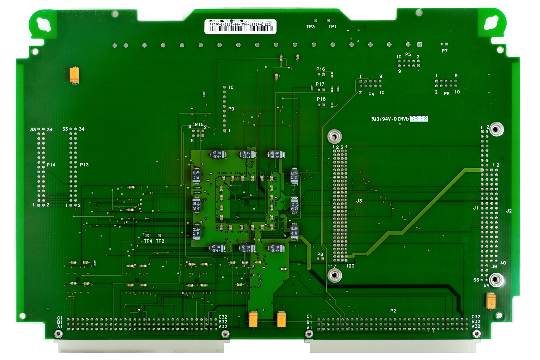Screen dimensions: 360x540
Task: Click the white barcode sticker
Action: tap(240, 26)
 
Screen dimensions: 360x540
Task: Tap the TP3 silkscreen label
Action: tap(310, 27)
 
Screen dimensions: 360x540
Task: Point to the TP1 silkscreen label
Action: tap(332, 27)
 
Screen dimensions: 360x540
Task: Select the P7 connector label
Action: tap(445, 51)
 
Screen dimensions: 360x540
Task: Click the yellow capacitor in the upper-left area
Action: tap(75, 75)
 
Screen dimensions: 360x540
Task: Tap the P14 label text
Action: tap(51, 165)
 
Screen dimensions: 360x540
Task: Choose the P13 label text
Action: tap(84, 165)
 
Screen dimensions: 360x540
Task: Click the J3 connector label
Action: tap(359, 201)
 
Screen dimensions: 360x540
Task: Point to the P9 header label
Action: tap(231, 109)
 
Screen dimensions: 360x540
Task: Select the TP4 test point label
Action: tap(148, 241)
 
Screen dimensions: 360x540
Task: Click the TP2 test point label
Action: tap(160, 241)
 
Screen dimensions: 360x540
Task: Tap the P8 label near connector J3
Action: tap(320, 254)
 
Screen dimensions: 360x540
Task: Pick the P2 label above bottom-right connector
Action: tap(393, 311)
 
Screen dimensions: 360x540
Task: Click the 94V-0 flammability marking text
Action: tap(390, 119)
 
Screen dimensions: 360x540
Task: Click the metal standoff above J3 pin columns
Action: tap(335, 136)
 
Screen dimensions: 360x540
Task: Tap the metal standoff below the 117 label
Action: tap(335, 275)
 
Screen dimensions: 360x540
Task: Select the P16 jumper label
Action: tap(320, 69)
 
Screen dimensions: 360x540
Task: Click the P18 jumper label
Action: tap(321, 99)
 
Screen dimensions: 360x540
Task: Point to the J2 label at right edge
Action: tap(509, 211)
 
